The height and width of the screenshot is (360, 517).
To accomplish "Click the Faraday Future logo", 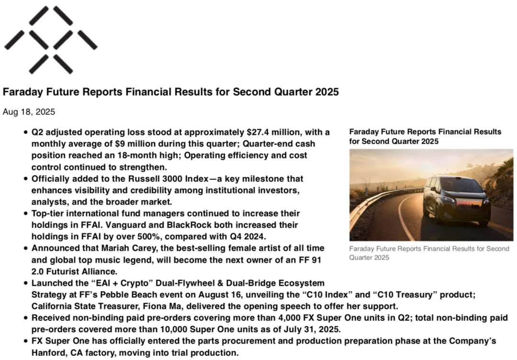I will click(x=51, y=40).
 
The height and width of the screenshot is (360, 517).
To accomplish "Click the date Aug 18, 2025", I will click(x=29, y=112).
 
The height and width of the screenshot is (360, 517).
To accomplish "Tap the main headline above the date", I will click(x=170, y=92).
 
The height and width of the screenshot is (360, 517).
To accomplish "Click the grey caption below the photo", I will click(x=429, y=253).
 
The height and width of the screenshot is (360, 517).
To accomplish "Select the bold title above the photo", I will click(x=425, y=136).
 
